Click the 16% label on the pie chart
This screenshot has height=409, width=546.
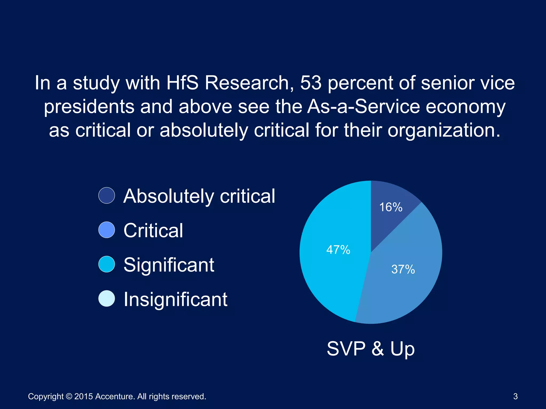pos(391,207)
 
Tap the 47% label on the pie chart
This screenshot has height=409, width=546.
pos(338,250)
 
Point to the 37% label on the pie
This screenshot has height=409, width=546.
pos(403,269)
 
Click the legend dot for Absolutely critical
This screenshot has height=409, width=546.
pos(107,195)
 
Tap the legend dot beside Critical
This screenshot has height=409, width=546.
pos(107,230)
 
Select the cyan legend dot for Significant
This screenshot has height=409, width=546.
pos(107,264)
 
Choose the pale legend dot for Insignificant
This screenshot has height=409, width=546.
pos(107,298)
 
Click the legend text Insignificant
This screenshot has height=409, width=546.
pos(175,299)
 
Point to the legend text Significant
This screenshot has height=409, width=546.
pos(169,265)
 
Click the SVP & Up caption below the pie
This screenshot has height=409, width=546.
pos(371,349)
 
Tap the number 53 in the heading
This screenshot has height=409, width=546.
pos(311,83)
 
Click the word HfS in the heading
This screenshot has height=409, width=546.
pos(182,83)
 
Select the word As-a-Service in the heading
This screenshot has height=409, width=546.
pos(363,107)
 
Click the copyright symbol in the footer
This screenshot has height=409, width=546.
pos(69,396)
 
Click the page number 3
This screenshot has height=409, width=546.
pos(515,396)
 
